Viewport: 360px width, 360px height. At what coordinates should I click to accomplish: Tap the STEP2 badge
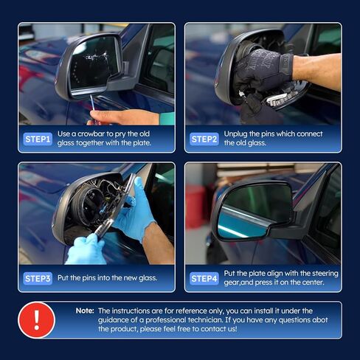pos(204,139)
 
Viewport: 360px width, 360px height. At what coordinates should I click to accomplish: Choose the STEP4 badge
pos(204,278)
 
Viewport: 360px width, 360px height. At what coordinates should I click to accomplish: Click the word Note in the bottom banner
pos(85,311)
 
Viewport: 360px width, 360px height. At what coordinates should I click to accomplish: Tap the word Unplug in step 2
pos(236,134)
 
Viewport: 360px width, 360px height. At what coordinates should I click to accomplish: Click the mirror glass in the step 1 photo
pos(94,65)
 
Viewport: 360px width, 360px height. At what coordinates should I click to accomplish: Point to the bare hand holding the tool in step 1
pos(111,117)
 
